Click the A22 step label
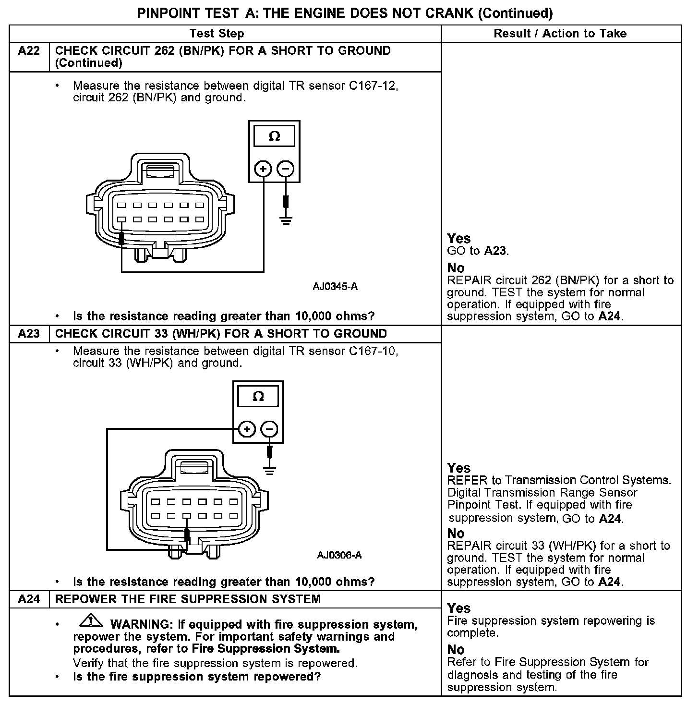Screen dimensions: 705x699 coord(29,51)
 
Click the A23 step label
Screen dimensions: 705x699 coord(29,334)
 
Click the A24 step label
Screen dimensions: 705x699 coord(29,599)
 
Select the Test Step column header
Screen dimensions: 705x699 coord(217,34)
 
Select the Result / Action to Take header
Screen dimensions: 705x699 coord(560,34)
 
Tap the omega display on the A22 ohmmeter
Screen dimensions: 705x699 coord(274,136)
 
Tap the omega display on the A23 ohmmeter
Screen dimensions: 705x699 coord(258,397)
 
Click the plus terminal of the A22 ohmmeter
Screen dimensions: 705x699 coord(263,169)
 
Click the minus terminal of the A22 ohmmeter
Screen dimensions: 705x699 coord(286,169)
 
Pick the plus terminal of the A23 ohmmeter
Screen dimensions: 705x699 coord(247,429)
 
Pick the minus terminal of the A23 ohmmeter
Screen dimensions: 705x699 coord(269,429)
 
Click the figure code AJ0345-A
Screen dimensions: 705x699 coord(335,287)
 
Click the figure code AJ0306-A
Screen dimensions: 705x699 coord(339,556)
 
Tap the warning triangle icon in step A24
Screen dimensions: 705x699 coord(90,621)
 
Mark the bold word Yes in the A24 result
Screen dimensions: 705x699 coord(458,608)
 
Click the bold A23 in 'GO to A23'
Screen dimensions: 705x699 coord(495,251)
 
